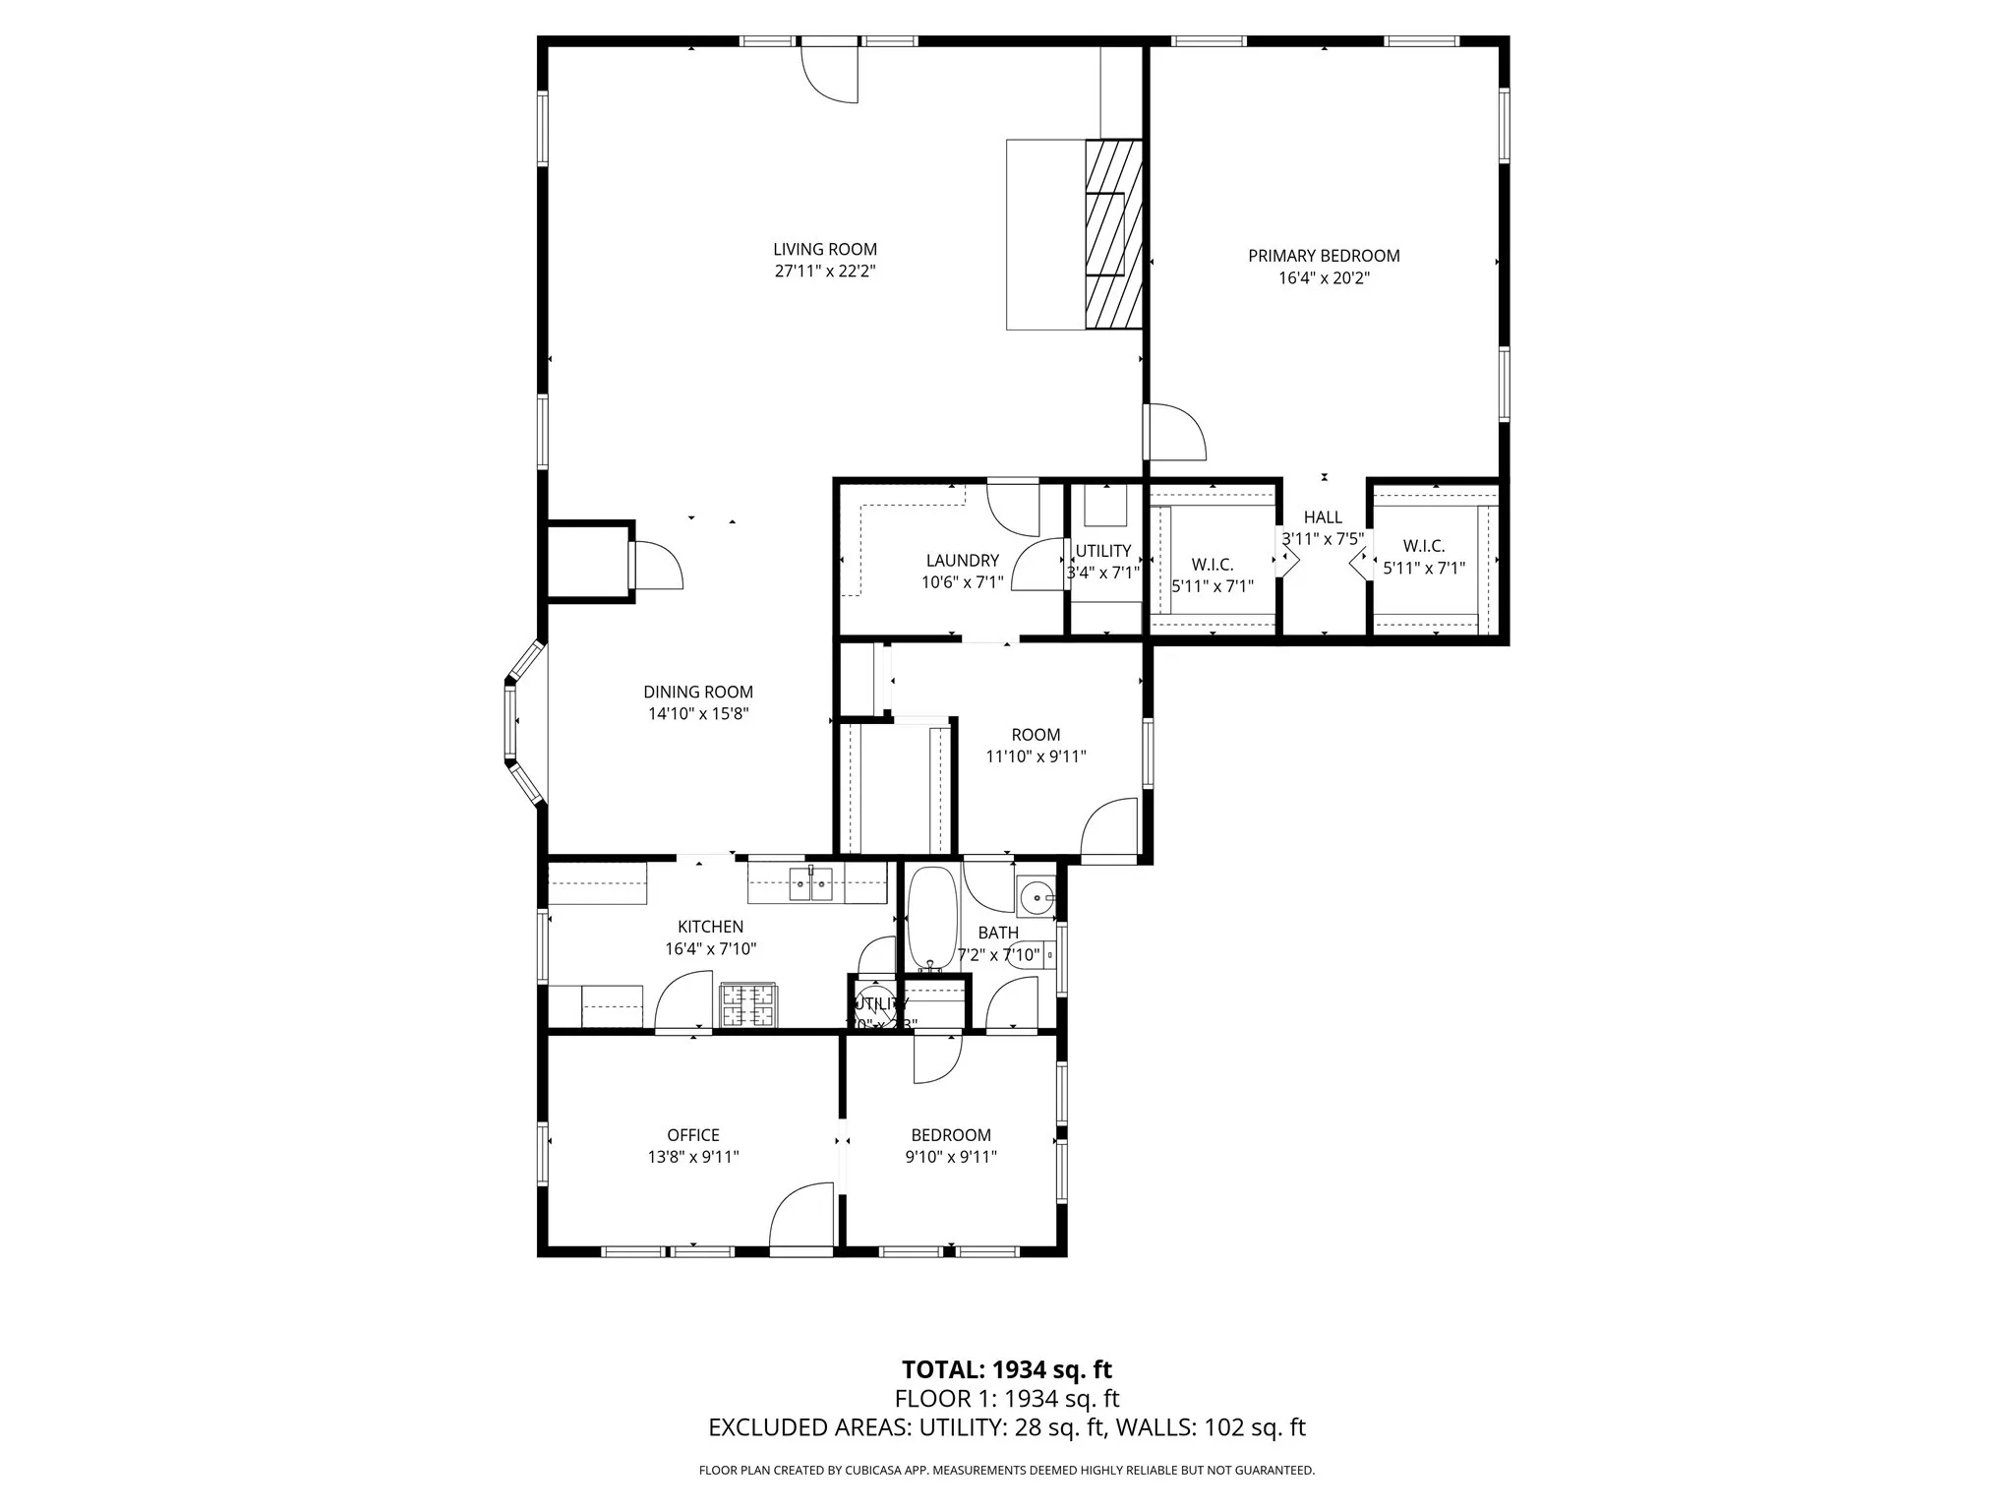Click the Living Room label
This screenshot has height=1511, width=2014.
[824, 250]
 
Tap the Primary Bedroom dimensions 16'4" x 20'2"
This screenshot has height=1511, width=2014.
[1324, 278]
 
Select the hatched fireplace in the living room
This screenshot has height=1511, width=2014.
[1113, 234]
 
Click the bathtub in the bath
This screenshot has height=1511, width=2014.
[930, 918]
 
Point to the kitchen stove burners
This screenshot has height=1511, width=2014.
[748, 1005]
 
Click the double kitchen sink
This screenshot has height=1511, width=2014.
[811, 884]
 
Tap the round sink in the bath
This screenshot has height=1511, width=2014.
[1036, 897]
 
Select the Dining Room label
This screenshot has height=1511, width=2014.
[698, 693]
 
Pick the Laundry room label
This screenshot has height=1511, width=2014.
[962, 561]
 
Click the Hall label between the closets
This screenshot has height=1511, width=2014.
[1323, 517]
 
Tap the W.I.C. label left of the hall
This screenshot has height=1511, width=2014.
[1213, 565]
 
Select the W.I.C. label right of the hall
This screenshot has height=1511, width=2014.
[1423, 546]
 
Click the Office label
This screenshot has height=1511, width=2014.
[693, 1135]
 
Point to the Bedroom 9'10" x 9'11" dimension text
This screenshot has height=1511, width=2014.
[951, 1158]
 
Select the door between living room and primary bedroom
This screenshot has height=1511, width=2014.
[1176, 432]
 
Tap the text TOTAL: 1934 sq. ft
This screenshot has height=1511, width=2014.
[1006, 1369]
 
